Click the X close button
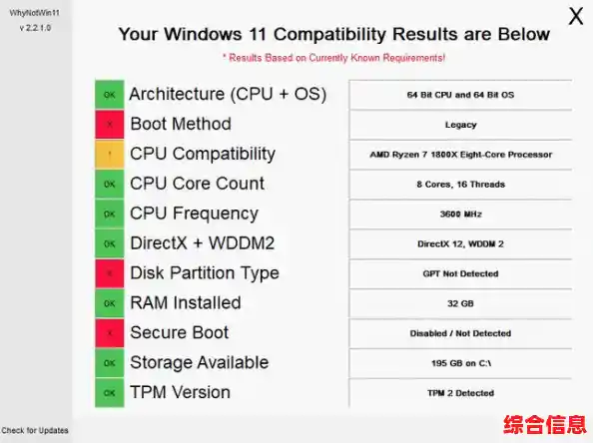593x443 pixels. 576,16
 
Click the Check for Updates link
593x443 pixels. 35,430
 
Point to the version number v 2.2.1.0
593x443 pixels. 35,29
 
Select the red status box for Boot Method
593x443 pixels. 109,125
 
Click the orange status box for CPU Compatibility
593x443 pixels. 109,155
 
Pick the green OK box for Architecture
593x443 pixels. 109,95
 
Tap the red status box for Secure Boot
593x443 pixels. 109,333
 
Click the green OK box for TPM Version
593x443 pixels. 109,393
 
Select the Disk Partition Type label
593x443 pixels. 205,273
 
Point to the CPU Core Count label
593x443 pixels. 198,184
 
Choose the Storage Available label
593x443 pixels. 198,363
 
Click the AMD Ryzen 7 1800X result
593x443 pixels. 460,155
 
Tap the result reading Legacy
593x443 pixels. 460,125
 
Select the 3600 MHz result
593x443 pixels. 460,215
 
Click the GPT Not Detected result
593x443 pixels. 460,273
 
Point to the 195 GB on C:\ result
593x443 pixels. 460,363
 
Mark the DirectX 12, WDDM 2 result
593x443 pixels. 460,243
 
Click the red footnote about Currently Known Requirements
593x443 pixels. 333,58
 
